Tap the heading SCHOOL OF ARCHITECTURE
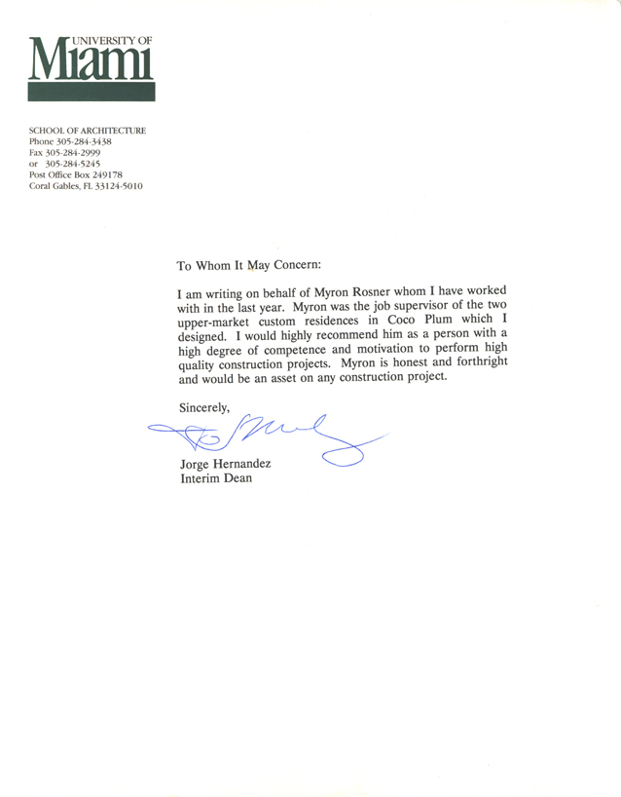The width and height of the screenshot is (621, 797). (88, 131)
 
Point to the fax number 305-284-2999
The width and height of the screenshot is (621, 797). (79, 152)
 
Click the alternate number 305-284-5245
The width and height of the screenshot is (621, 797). (79, 164)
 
